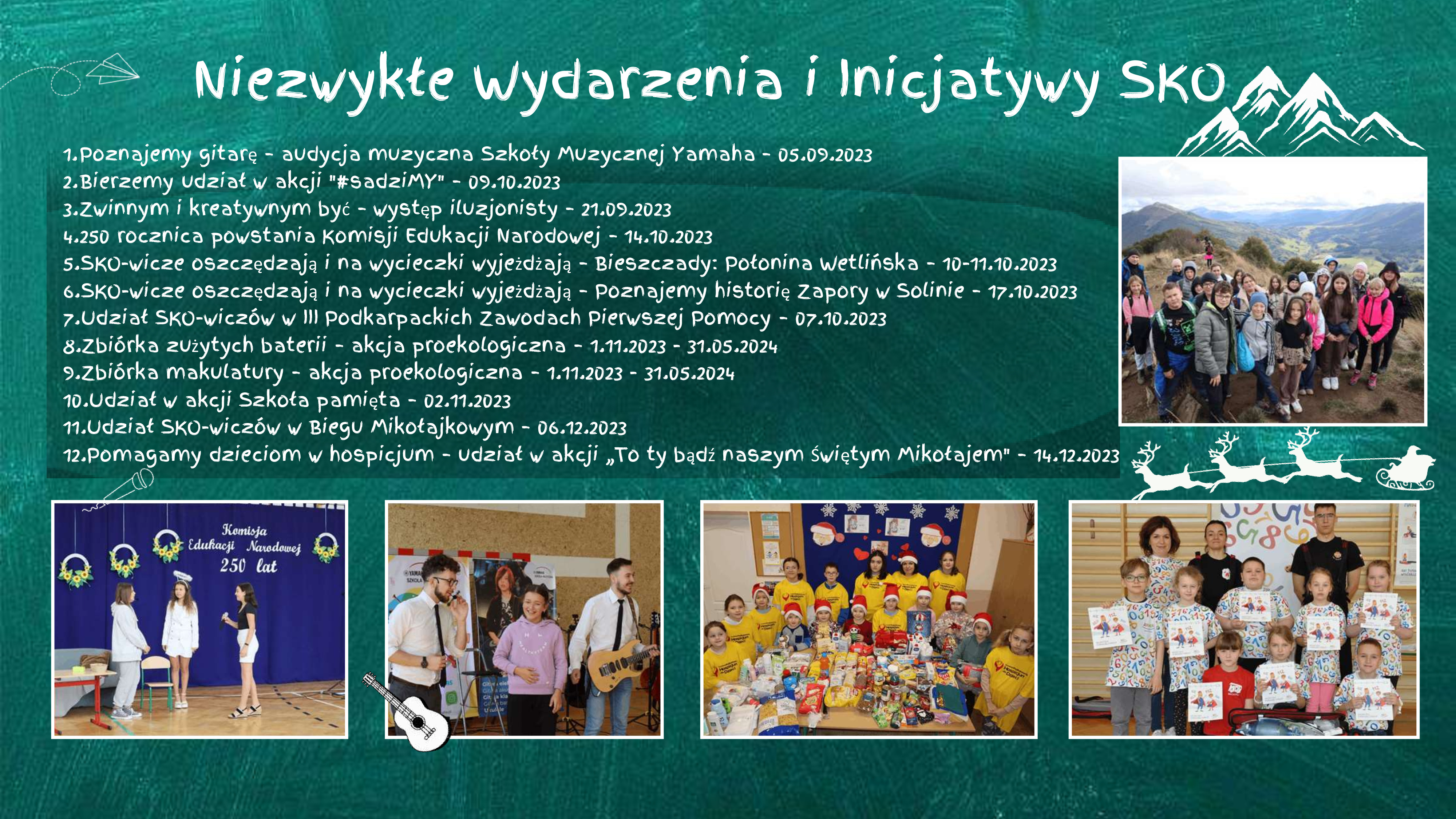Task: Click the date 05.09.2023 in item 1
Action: tap(825, 155)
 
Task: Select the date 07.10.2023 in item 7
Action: tap(840, 319)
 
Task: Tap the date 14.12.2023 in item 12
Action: tap(1076, 456)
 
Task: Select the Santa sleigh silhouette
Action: tap(1405, 467)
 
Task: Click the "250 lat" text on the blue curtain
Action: tap(249, 565)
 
